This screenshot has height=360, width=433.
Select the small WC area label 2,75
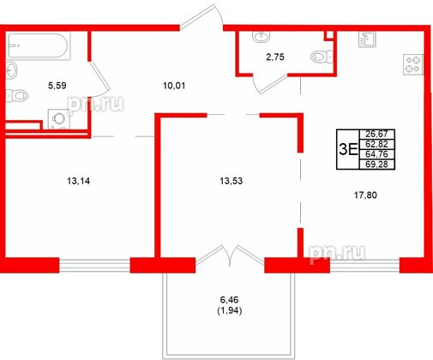pyautogui.click(x=274, y=57)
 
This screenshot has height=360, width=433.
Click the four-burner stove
pyautogui.click(x=413, y=63)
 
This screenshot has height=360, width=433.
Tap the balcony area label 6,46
pyautogui.click(x=228, y=299)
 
